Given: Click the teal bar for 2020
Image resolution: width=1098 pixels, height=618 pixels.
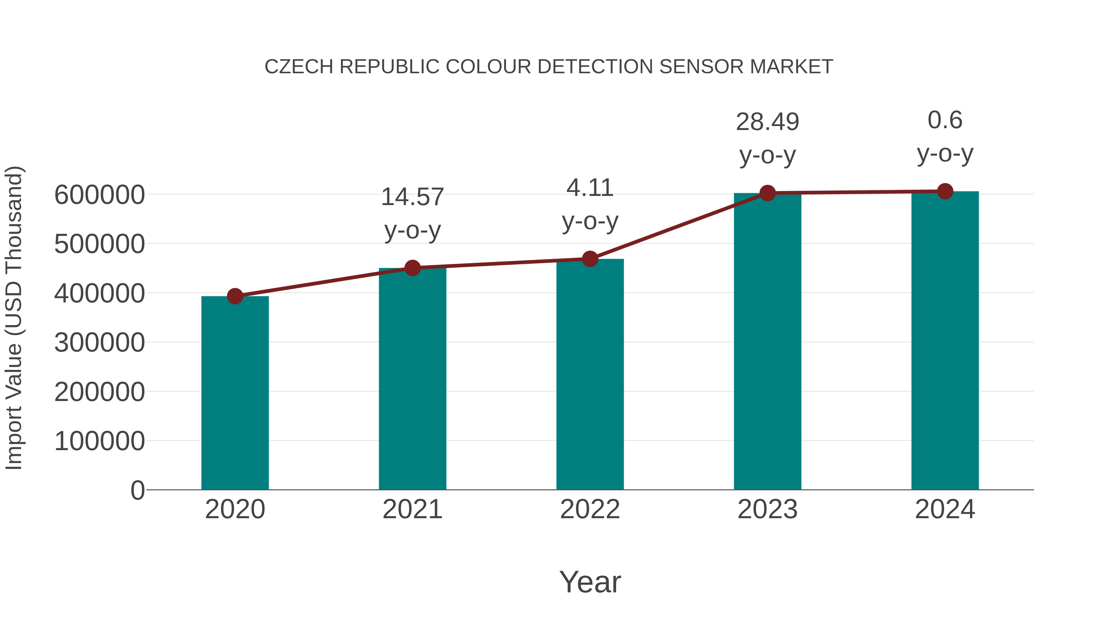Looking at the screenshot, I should click(x=235, y=392).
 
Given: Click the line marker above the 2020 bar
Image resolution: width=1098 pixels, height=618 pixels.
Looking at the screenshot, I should click(x=235, y=296).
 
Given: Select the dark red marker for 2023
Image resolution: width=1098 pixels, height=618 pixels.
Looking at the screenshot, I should click(x=767, y=193).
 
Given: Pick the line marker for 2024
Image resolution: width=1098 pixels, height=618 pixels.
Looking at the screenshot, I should click(x=945, y=191).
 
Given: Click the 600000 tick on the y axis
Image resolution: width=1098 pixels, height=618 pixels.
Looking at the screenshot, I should click(x=99, y=195).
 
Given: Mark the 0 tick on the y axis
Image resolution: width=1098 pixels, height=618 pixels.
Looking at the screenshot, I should click(x=137, y=490).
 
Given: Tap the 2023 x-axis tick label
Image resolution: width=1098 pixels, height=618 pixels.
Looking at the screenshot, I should click(x=767, y=509).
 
